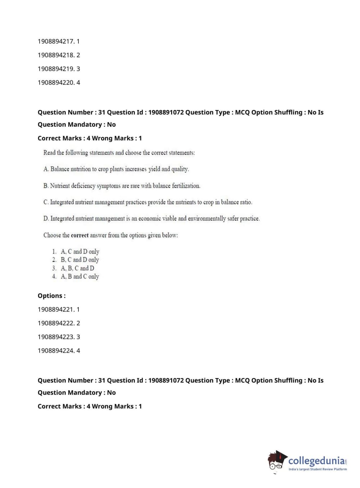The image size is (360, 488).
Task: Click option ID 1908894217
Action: click(59, 41)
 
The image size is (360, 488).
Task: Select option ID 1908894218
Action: click(59, 55)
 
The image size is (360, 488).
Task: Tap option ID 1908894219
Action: click(59, 69)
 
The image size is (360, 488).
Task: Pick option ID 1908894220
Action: click(59, 82)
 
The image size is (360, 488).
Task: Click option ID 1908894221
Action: click(59, 309)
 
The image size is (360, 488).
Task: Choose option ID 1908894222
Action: click(59, 323)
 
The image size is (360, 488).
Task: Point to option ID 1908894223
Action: click(59, 337)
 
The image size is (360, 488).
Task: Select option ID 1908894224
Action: click(59, 351)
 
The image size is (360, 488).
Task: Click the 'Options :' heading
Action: click(51, 296)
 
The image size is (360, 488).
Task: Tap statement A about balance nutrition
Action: click(116, 169)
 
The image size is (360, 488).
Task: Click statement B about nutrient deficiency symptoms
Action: click(122, 186)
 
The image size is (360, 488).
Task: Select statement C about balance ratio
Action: click(147, 202)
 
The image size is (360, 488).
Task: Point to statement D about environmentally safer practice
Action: click(151, 218)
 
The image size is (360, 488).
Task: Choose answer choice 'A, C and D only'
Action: click(80, 252)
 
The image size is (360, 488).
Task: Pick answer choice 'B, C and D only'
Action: click(80, 260)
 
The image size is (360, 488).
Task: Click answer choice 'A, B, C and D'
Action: click(77, 268)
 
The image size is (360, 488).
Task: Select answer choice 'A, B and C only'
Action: click(80, 276)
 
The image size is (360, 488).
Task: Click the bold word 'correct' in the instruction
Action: click(79, 235)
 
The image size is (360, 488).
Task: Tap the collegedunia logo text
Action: click(316, 461)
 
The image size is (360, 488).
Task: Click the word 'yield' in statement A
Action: click(154, 169)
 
